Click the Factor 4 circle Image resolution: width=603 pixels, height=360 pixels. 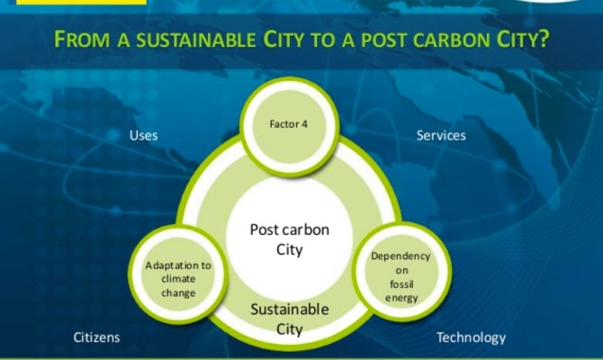coord(289,127)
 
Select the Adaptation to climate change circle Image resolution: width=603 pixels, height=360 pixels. coord(178,274)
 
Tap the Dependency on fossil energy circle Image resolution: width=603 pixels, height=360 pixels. coord(401,272)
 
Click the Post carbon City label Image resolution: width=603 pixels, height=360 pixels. coord(290,239)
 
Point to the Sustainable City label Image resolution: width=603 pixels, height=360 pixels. coord(290,319)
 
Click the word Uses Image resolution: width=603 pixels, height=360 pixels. coord(143,135)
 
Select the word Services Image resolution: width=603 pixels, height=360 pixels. coord(441,135)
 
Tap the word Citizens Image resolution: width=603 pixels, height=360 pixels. coord(96,337)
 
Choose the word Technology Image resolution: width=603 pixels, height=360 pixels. coord(471,337)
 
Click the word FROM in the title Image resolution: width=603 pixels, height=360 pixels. coord(82,40)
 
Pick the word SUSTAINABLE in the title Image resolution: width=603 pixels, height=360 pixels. coord(196,40)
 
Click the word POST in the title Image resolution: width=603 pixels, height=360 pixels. coord(382,40)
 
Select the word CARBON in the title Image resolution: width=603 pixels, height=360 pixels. coord(450,40)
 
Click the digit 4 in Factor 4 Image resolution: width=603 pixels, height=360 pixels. coord(304,124)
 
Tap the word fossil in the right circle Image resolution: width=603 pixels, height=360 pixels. coord(402,284)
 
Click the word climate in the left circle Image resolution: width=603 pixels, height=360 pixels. coord(178,279)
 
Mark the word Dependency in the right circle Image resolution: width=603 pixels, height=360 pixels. coord(400,256)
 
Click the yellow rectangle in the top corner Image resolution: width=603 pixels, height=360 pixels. coord(82,3)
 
